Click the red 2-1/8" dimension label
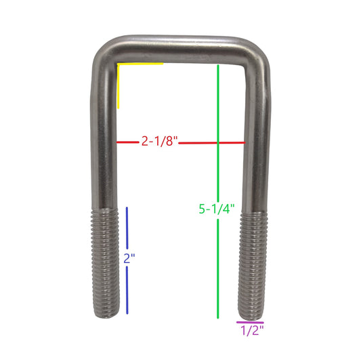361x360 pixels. click(160, 141)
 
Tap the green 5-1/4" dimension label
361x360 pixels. click(217, 209)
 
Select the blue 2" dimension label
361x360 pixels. click(129, 258)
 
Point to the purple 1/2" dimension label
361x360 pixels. click(252, 330)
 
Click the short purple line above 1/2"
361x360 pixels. click(250, 323)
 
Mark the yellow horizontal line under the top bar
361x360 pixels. click(140, 64)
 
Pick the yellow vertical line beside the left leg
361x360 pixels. click(119, 86)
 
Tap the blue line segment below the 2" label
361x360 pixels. click(127, 290)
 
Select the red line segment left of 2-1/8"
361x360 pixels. click(128, 142)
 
